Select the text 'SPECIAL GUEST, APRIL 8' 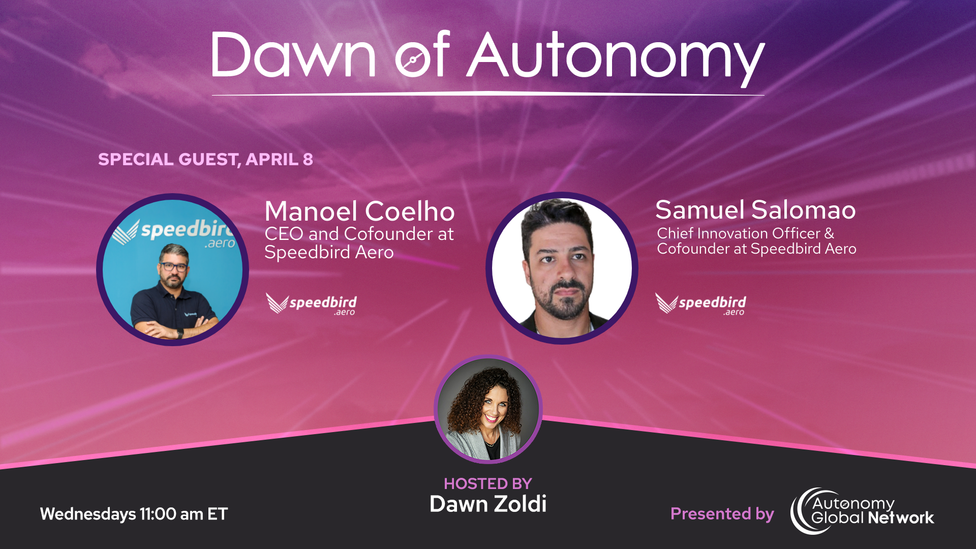[205, 159]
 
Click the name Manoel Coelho [359, 211]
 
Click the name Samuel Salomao [755, 209]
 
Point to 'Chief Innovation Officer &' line [745, 233]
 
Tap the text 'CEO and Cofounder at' [359, 234]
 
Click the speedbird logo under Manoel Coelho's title [311, 304]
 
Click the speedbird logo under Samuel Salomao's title [700, 304]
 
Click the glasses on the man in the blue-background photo [174, 266]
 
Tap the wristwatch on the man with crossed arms [180, 333]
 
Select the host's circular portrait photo [488, 409]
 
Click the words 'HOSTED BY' [487, 483]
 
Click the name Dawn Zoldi [487, 504]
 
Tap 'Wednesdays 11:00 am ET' [134, 514]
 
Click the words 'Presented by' [722, 514]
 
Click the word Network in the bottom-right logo [900, 518]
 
